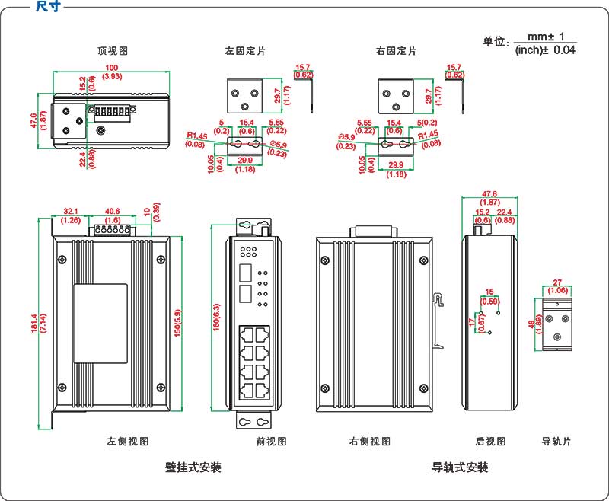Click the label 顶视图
tap(112, 51)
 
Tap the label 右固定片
tap(397, 51)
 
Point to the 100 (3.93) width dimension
tap(112, 72)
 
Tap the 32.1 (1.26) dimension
tap(71, 215)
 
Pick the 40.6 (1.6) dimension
tap(112, 215)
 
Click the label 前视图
tap(271, 441)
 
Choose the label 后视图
tap(490, 441)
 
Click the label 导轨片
tap(555, 441)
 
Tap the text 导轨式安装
tap(460, 467)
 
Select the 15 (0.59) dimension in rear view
tap(489, 296)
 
